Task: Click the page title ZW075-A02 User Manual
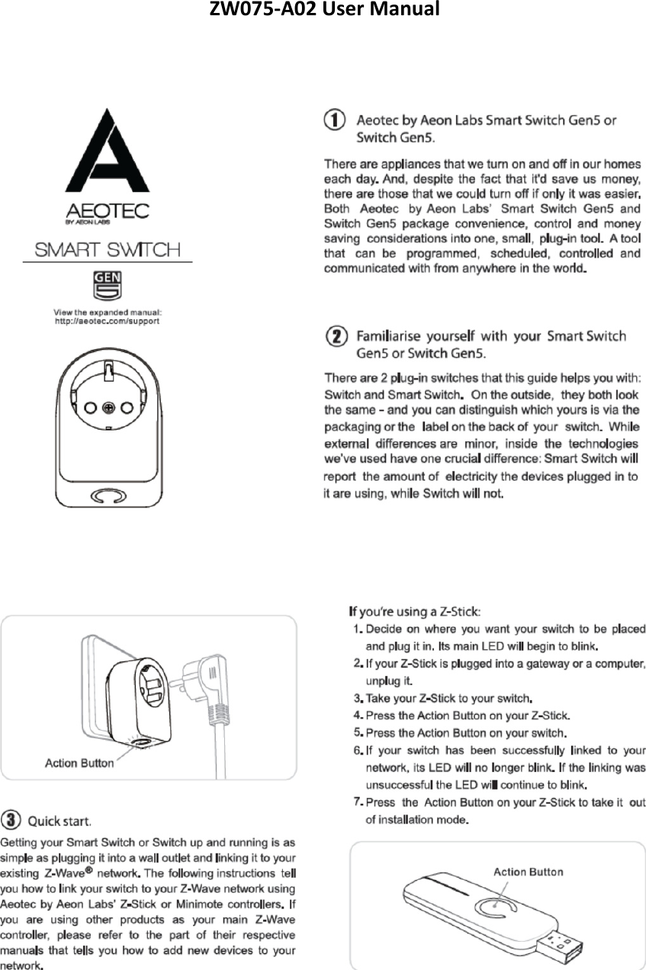[323, 11]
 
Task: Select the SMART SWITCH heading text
[106, 250]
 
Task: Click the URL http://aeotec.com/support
[107, 321]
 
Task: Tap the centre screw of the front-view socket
[108, 408]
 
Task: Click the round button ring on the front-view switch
[106, 497]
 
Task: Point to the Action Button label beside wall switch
[79, 762]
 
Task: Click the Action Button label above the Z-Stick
[528, 872]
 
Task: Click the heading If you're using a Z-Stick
[414, 611]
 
